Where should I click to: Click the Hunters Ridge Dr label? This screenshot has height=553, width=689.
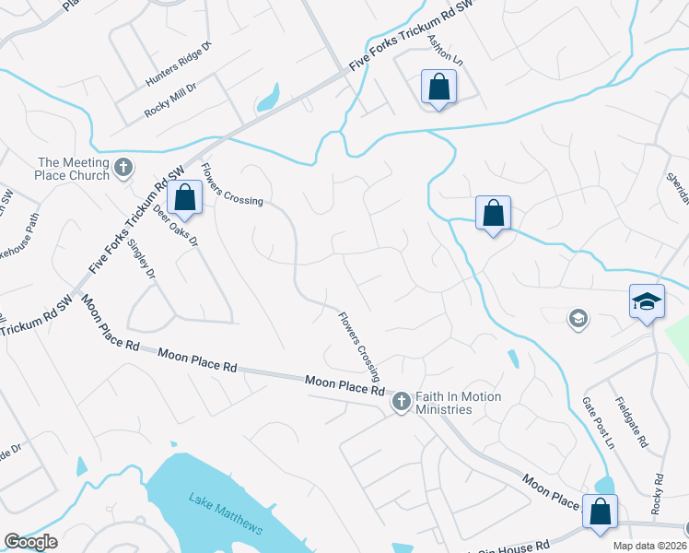pos(179,64)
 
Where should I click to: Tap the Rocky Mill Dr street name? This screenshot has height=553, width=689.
pos(177,100)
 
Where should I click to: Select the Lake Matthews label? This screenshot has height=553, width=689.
pos(226,514)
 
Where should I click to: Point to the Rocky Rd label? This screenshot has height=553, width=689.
pos(658,494)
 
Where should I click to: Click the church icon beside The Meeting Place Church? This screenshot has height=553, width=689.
pos(124,169)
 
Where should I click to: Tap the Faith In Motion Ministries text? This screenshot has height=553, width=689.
pos(459,403)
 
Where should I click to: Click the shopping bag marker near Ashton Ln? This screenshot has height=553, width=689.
pos(438,88)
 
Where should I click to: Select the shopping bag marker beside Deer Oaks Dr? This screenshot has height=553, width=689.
pos(185,198)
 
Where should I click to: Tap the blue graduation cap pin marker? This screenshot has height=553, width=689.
pos(647,302)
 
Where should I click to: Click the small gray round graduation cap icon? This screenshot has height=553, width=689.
pos(578,319)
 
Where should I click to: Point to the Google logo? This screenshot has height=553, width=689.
pos(30,542)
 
